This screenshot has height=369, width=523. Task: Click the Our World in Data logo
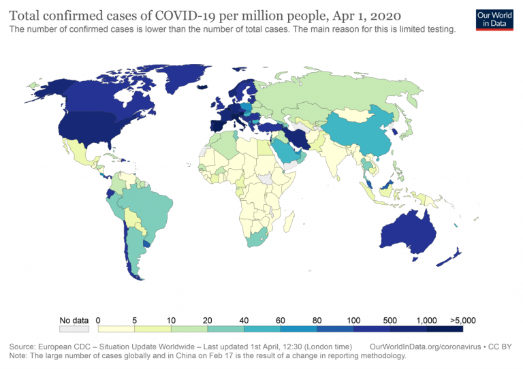pyautogui.click(x=494, y=18)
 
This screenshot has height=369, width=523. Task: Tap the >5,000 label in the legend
pyautogui.click(x=462, y=319)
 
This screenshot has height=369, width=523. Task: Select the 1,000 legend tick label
pyautogui.click(x=427, y=319)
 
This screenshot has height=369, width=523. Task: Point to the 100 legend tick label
pyautogui.click(x=353, y=319)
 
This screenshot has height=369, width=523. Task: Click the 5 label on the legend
pyautogui.click(x=135, y=319)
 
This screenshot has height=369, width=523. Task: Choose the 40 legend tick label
pyautogui.click(x=244, y=319)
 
